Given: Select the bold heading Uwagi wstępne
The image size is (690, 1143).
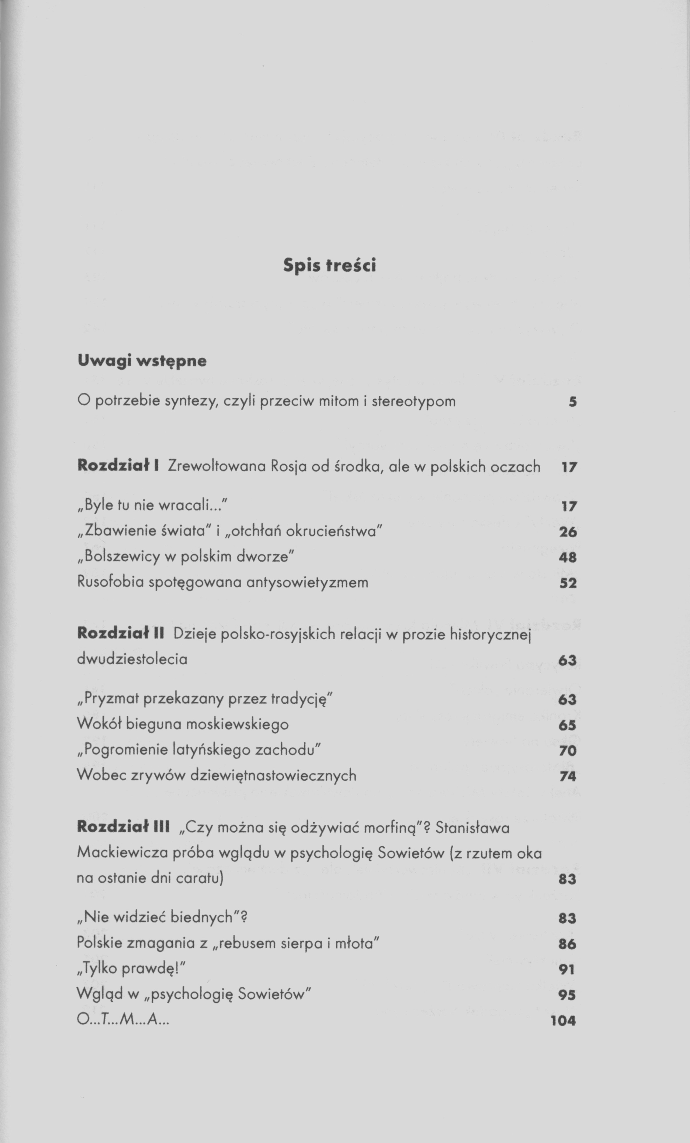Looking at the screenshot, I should click(x=142, y=361).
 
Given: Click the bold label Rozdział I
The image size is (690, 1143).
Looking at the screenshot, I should click(x=118, y=466).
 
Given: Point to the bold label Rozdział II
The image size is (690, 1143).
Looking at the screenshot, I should click(x=121, y=633).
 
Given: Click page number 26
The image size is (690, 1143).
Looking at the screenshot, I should click(x=568, y=532).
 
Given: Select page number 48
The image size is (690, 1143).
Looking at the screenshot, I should click(x=568, y=557).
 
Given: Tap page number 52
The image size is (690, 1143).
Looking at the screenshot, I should click(x=568, y=583).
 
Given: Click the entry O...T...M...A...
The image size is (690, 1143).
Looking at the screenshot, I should click(x=123, y=1020).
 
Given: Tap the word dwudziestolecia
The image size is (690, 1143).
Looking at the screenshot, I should click(x=132, y=659).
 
